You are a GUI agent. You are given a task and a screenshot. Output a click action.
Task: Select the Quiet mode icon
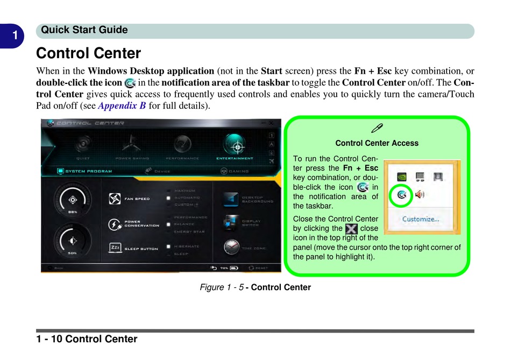tap(83, 144)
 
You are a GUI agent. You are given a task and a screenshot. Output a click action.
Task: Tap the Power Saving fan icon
tap(129, 144)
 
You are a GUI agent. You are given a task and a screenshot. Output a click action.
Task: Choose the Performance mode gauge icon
tap(182, 144)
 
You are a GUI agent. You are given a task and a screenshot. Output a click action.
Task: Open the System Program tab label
tap(89, 172)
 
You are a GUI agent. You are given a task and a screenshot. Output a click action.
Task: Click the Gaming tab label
tap(239, 172)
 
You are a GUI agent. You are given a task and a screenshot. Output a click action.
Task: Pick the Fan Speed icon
tap(115, 199)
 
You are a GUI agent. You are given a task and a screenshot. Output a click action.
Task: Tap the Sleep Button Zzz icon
tap(115, 248)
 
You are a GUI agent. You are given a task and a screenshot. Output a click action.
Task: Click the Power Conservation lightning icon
tap(115, 223)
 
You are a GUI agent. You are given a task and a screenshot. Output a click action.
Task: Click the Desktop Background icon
tap(231, 199)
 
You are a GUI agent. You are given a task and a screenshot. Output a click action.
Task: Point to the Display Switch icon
tap(231, 222)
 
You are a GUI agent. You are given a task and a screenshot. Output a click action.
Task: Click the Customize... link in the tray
tap(421, 219)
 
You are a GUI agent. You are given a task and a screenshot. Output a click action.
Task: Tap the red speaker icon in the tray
tap(419, 194)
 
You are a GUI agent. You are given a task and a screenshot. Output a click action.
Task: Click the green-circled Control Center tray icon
tap(401, 195)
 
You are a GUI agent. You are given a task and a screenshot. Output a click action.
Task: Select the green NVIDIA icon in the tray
tap(401, 176)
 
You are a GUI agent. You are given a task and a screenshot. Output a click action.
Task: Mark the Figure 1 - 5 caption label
tap(255, 287)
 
